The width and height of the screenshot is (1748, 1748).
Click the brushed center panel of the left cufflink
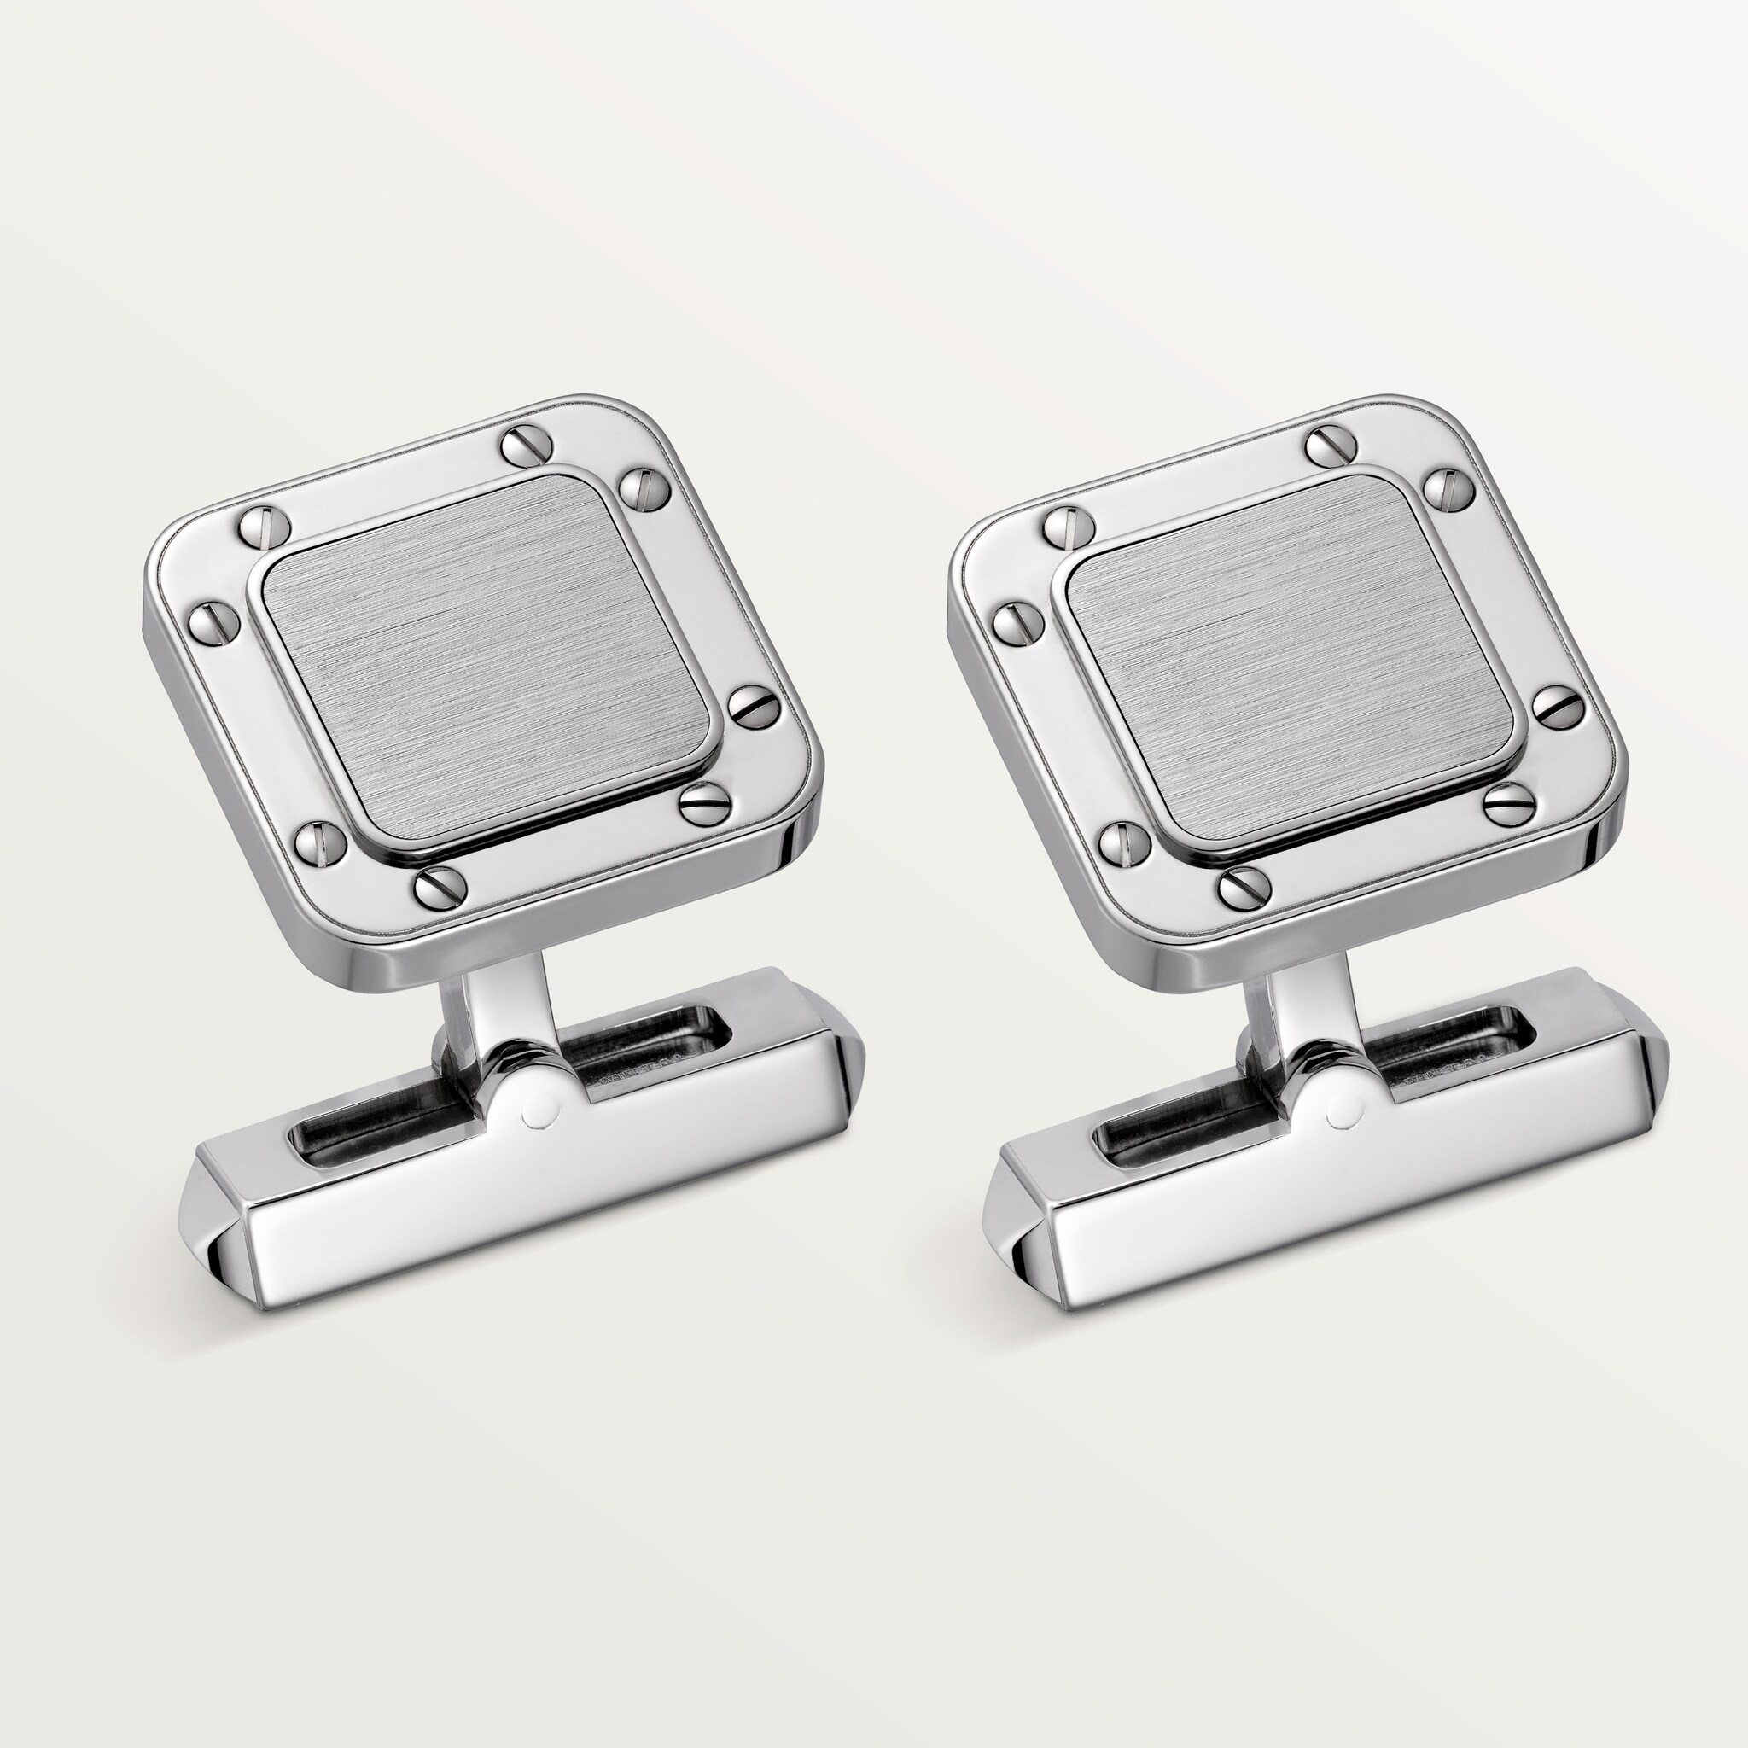(x=484, y=661)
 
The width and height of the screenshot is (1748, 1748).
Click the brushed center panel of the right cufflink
(x=1290, y=661)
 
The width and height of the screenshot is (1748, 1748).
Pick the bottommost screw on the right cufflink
(x=1244, y=889)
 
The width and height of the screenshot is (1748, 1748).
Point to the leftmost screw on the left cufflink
(x=214, y=621)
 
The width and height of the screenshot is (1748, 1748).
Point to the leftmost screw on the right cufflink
(x=1019, y=621)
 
